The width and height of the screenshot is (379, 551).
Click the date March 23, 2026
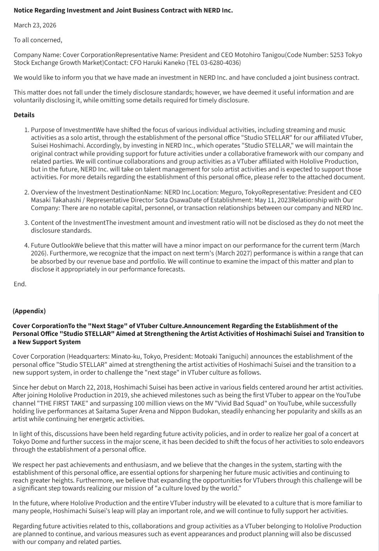35,25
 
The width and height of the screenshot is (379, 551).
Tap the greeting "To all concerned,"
38,40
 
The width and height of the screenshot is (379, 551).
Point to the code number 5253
337,55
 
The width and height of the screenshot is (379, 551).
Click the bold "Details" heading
24,115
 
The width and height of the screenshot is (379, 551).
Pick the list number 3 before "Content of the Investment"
27,223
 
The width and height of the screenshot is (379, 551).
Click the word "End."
20,284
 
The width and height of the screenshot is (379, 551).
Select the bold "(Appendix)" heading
29,311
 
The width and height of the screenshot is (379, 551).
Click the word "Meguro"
231,192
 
